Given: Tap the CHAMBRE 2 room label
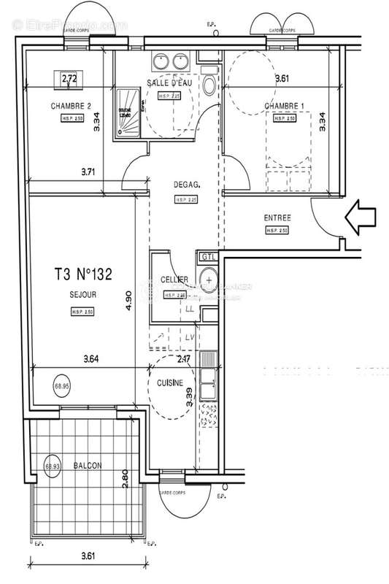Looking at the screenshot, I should point(71,106).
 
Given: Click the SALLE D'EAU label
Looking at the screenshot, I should point(170,82).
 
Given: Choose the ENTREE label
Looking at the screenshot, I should point(277,218).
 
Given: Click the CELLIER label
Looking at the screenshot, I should point(175,280).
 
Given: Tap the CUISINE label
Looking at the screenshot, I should point(170,383).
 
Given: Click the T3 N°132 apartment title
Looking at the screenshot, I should point(82,274).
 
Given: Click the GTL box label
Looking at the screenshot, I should point(209,257).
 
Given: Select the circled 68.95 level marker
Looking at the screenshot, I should point(61,385).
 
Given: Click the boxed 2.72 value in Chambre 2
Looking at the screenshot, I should point(69,78).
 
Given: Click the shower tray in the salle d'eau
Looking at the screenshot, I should point(125,115).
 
